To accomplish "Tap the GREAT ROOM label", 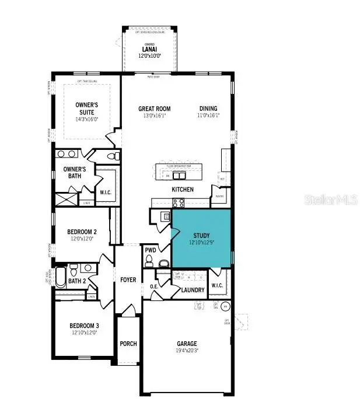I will (x=154, y=108).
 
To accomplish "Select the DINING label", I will (x=208, y=108).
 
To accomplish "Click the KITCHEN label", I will (x=183, y=190).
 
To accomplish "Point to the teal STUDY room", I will (x=201, y=239).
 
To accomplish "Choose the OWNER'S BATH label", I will (x=75, y=173).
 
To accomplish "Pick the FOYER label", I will (x=128, y=280).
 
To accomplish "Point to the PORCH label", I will (x=128, y=344).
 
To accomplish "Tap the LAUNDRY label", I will (x=193, y=290).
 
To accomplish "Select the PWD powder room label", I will (x=150, y=250).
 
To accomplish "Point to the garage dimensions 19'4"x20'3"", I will (x=187, y=351).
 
